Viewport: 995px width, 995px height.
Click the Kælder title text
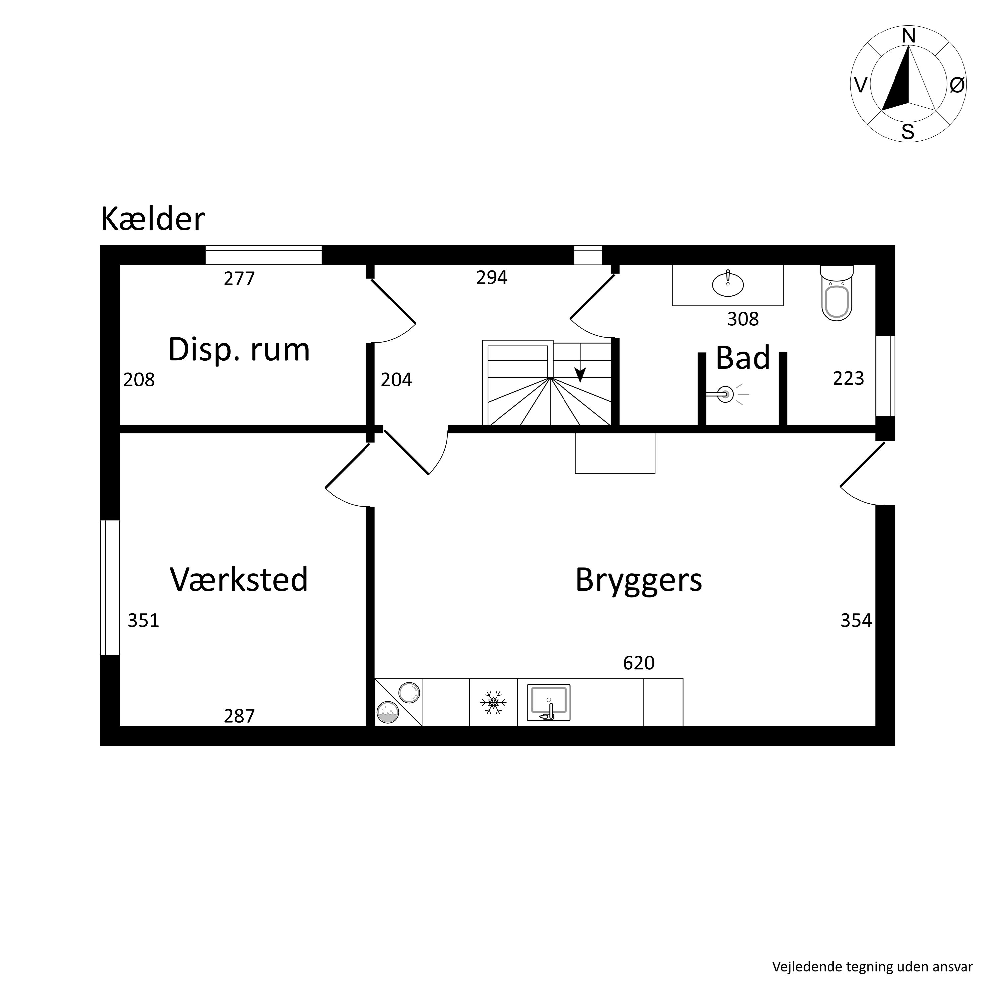coord(153,219)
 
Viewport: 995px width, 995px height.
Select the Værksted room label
coord(239,579)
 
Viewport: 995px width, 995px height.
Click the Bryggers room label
coord(638,580)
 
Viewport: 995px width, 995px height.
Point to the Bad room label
coord(743,358)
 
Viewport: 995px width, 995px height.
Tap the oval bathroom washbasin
coord(728,284)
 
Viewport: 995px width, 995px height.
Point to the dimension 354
coord(856,621)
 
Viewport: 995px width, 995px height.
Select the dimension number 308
coord(743,320)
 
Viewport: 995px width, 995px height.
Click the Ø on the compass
coord(957,85)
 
